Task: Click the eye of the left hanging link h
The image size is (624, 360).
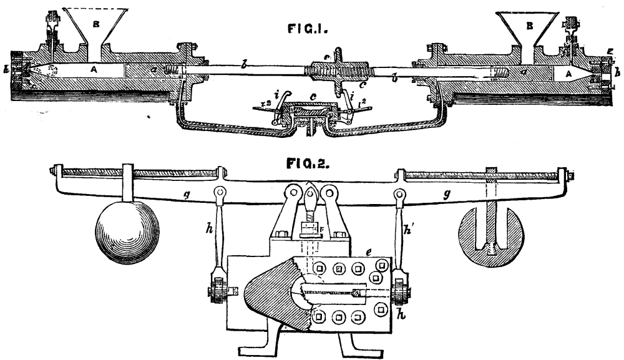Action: [x=219, y=192]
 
